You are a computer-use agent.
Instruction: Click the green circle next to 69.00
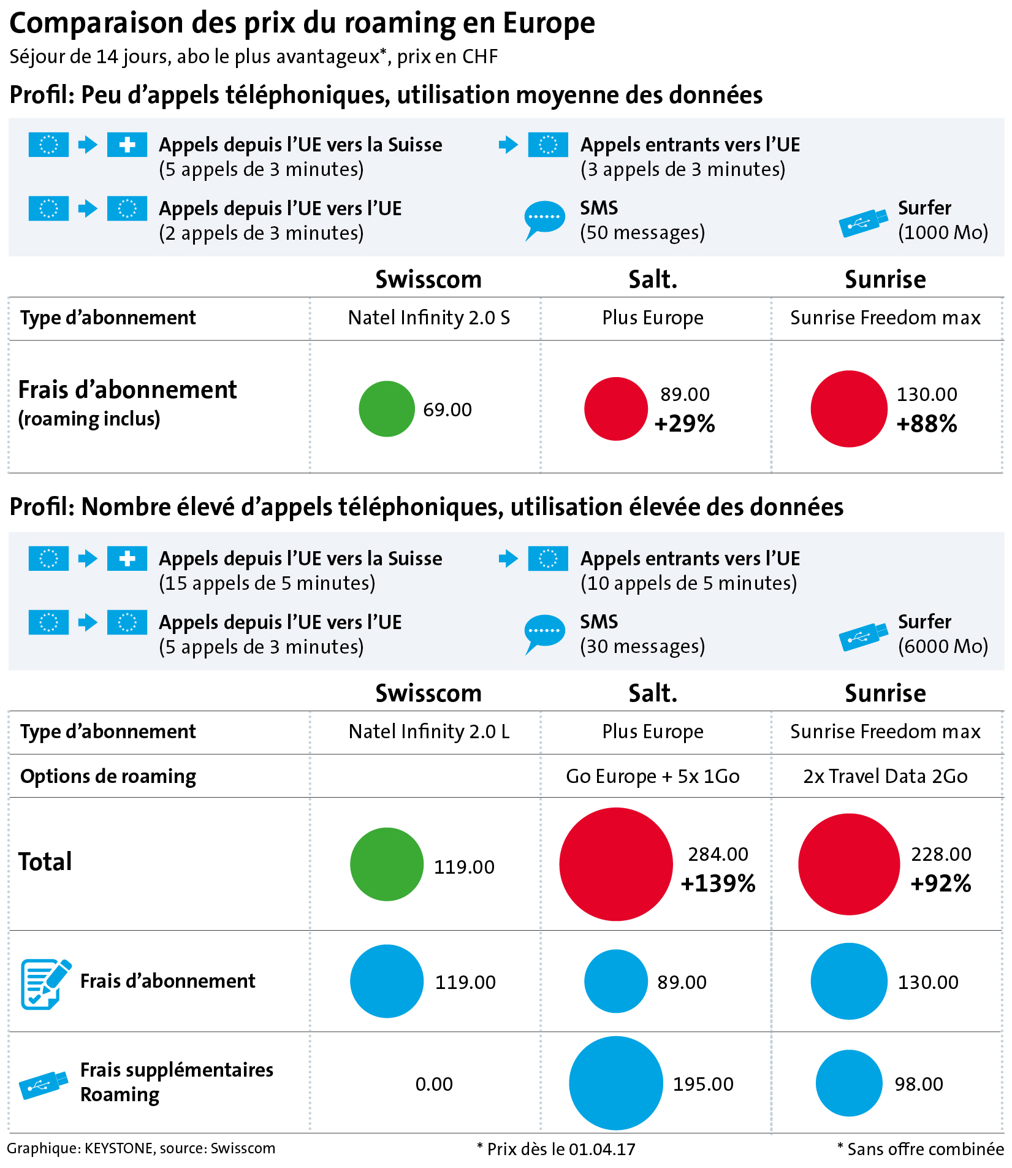pos(387,409)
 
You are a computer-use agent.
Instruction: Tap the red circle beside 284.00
pos(616,864)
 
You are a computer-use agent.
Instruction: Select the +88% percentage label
pos(926,424)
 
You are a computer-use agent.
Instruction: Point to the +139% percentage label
pos(718,884)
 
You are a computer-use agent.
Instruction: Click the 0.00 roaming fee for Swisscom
pos(434,1084)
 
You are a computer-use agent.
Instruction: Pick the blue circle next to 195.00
pos(616,1083)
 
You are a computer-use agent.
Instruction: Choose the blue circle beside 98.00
pos(849,1083)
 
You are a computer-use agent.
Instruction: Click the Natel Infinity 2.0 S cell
pos(429,318)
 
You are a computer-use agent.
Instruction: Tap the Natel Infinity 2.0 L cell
pos(429,731)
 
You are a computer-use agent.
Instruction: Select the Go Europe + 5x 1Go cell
pos(653,776)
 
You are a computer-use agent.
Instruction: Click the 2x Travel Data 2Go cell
pos(885,776)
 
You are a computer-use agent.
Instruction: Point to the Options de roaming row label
pos(108,776)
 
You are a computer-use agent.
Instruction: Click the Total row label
pos(45,862)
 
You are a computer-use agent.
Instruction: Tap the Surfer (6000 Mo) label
pos(943,634)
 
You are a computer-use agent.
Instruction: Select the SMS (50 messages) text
pos(642,220)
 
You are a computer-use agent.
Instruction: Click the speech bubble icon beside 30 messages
pos(544,633)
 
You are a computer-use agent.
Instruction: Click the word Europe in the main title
pos(549,23)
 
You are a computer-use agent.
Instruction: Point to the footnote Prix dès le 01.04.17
pos(556,1149)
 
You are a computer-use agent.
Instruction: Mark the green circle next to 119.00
pos(387,864)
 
